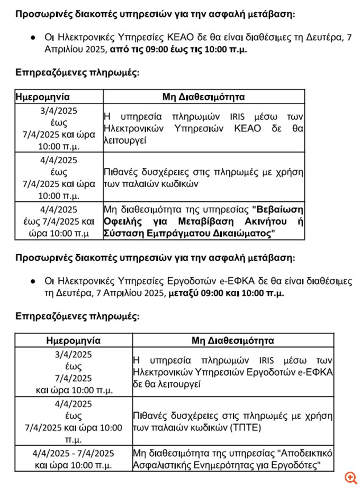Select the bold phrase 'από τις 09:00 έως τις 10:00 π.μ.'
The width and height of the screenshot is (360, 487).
click(x=178, y=49)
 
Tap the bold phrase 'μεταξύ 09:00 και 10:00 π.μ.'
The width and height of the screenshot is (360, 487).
click(x=226, y=292)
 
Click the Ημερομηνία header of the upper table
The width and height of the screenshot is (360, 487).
click(x=43, y=97)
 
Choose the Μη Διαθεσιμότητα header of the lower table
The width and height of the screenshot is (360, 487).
click(x=233, y=340)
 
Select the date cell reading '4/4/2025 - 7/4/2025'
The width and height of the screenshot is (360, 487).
click(x=73, y=453)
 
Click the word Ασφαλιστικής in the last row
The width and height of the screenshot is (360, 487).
click(x=160, y=465)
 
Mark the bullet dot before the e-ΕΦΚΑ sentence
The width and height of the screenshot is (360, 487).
click(x=33, y=281)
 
